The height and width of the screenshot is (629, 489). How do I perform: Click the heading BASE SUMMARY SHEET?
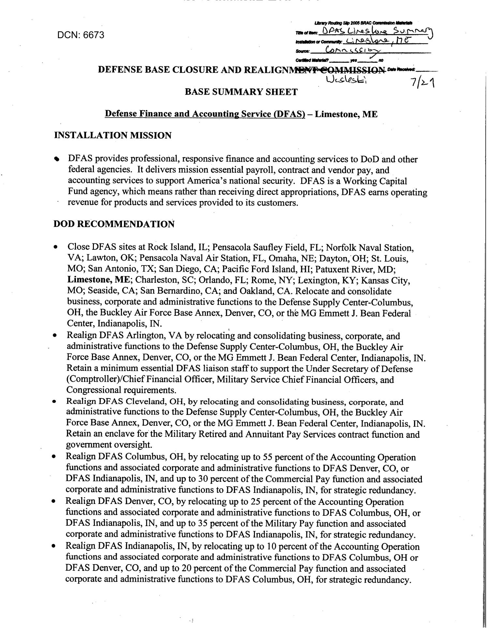241,92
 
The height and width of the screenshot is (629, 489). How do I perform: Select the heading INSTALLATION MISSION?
113,135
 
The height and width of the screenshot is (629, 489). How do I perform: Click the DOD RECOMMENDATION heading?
114,224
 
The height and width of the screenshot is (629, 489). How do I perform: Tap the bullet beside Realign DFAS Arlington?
56,336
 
